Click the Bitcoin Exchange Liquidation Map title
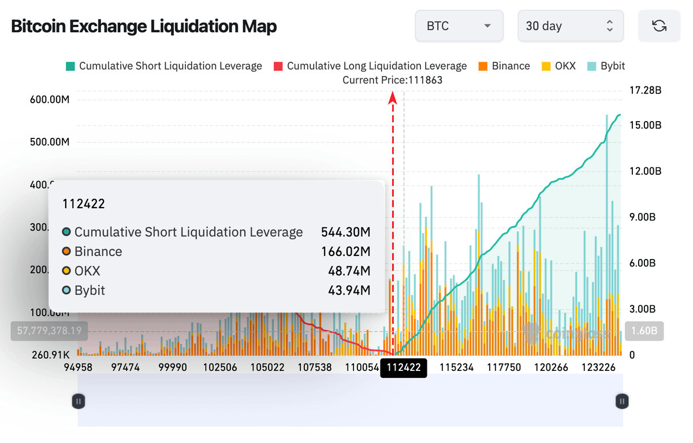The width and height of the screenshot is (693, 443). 144,27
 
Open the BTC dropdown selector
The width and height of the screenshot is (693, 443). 459,26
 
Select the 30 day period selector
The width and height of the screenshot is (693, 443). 570,26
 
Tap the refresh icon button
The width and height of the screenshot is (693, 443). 659,26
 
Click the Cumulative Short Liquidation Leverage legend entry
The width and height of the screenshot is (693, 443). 164,66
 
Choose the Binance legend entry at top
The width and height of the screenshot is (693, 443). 504,66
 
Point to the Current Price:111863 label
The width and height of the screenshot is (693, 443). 392,80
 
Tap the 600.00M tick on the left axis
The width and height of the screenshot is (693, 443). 50,99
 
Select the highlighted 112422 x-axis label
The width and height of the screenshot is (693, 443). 404,367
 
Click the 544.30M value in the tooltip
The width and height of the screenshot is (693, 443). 345,232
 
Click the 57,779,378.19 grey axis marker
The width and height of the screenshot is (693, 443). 49,331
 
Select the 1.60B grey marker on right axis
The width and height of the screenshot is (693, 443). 644,331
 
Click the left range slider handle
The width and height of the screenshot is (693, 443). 79,401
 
